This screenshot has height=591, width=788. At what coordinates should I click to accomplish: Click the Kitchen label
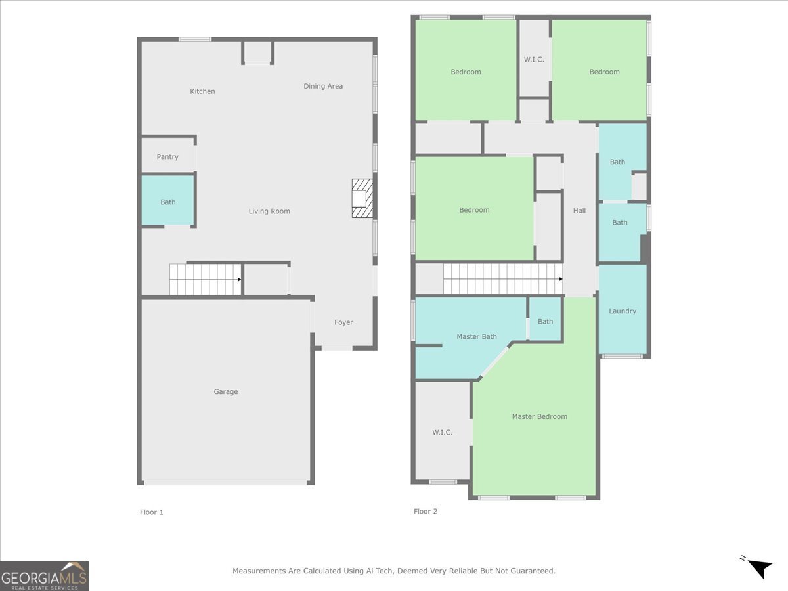(202, 91)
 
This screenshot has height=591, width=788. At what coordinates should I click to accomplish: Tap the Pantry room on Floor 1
(167, 156)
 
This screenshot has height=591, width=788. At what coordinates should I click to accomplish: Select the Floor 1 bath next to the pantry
(168, 201)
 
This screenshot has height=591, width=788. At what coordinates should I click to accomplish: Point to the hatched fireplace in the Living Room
(362, 198)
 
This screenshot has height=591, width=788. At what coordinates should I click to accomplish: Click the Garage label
(225, 391)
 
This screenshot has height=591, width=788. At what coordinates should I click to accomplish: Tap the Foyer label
(343, 322)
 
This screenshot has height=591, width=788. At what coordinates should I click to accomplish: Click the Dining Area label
(323, 86)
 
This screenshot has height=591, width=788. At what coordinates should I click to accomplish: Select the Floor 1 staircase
(206, 279)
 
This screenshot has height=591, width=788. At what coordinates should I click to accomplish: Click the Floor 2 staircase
(502, 278)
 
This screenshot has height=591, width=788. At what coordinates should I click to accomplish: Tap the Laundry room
(623, 310)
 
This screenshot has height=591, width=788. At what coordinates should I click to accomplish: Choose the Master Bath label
(477, 336)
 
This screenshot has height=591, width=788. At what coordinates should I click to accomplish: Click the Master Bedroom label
(539, 416)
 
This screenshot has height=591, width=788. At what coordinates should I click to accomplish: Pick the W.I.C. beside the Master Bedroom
(442, 431)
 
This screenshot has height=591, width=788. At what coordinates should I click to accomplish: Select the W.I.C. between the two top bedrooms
(534, 60)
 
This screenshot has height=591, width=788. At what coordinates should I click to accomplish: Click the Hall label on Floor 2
(579, 210)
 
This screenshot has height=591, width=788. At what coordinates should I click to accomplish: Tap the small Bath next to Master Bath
(545, 321)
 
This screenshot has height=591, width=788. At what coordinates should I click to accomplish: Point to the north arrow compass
(760, 567)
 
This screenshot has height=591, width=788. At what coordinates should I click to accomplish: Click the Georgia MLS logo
(45, 576)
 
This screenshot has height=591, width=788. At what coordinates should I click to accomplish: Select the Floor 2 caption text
(426, 511)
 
